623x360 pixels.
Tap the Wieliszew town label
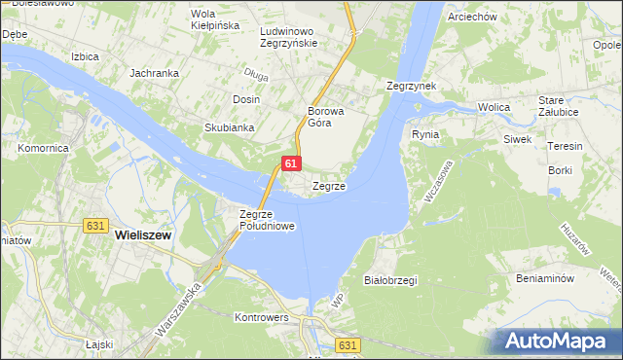pyautogui.click(x=143, y=234)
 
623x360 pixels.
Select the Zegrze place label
pyautogui.click(x=329, y=185)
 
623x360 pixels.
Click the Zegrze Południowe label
pyautogui.click(x=267, y=220)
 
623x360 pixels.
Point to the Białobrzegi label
pyautogui.click(x=389, y=280)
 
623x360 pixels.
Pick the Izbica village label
pyautogui.click(x=85, y=56)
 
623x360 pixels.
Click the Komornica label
pyautogui.click(x=42, y=149)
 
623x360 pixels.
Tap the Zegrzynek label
pyautogui.click(x=410, y=86)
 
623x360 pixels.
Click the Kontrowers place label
pyautogui.click(x=263, y=317)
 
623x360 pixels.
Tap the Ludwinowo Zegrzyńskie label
pyautogui.click(x=289, y=37)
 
